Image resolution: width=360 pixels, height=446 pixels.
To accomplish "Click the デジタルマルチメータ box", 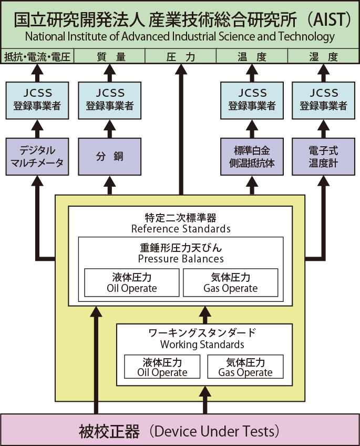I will pos(37,156).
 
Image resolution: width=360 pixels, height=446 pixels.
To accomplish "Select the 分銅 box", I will pos(109,156).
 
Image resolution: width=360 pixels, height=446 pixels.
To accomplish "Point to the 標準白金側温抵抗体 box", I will pos(252,156).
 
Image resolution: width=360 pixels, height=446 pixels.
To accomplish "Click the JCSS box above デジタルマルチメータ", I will pos(37,99).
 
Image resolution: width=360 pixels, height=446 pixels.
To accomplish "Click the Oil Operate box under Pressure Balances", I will pos(131,283).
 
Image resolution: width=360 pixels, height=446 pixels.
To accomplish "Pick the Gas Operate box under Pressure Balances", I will pos(230,283).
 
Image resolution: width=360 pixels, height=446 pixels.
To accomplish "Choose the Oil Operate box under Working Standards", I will pos(162,367).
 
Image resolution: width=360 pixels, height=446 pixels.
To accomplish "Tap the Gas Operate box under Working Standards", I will pos(245,367).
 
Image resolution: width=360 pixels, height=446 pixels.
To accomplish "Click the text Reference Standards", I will pos(180,229).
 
